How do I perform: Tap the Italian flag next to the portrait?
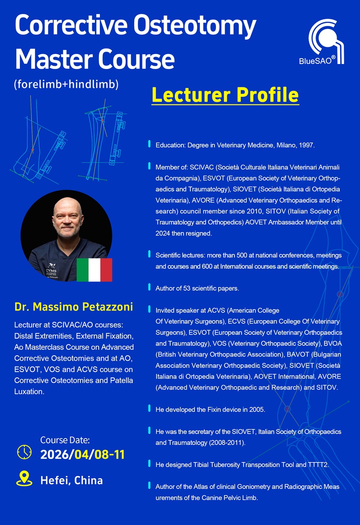[x=94, y=270]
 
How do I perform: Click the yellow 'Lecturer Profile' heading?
[x=225, y=95]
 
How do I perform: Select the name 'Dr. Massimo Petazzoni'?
[x=73, y=308]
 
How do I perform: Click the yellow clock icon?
[x=24, y=452]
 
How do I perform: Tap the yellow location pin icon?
[x=24, y=479]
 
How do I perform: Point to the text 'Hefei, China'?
[x=72, y=480]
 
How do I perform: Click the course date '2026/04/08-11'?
[x=82, y=454]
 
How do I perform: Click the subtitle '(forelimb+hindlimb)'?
[x=66, y=84]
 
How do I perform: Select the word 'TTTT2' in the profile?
[x=319, y=464]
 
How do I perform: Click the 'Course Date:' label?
[x=65, y=440]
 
